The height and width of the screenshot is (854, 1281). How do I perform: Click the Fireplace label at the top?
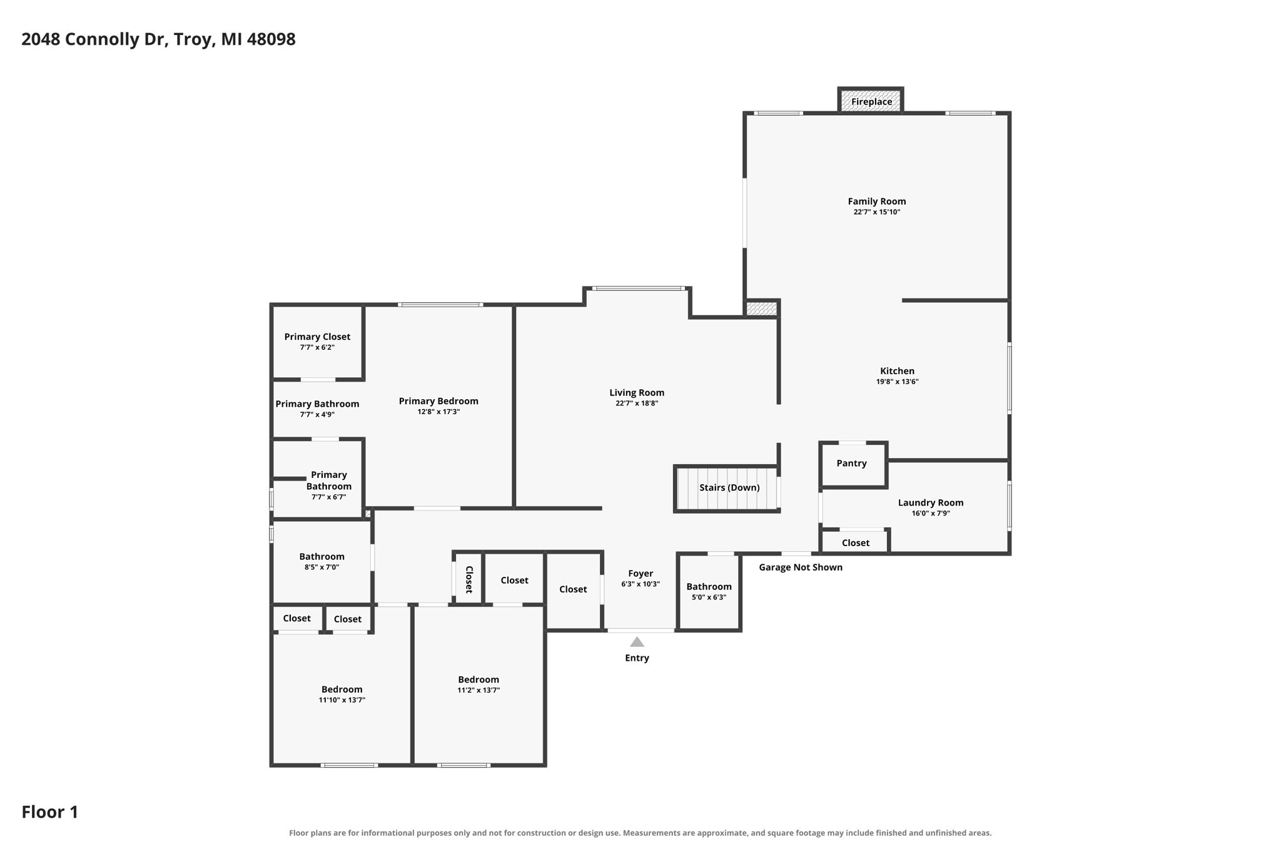(x=871, y=102)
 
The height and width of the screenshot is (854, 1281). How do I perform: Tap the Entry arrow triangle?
(x=637, y=642)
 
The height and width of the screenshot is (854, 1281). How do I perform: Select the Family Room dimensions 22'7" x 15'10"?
(x=876, y=212)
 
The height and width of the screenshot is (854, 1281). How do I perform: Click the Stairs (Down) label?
(x=729, y=487)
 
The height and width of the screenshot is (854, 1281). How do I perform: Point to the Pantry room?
(x=853, y=465)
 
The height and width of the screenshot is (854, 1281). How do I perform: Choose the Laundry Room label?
(x=931, y=502)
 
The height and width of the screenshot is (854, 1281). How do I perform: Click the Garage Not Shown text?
(x=801, y=567)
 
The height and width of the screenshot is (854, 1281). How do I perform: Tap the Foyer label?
(x=640, y=573)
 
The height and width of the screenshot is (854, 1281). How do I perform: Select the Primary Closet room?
(x=318, y=342)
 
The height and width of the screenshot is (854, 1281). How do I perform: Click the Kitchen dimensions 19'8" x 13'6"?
(x=897, y=382)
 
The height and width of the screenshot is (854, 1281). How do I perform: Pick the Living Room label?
(x=637, y=393)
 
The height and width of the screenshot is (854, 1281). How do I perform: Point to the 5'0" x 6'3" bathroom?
(x=709, y=592)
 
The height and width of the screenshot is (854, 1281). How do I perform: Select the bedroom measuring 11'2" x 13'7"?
(x=479, y=685)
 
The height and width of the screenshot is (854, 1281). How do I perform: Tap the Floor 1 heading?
(x=50, y=812)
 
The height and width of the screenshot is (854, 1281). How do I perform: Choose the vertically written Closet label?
(x=469, y=579)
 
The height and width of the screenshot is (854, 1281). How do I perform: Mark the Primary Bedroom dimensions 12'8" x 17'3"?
(x=438, y=412)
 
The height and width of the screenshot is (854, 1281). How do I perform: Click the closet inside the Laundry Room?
(x=855, y=542)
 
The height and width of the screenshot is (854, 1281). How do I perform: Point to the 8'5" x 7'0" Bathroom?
(x=322, y=561)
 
